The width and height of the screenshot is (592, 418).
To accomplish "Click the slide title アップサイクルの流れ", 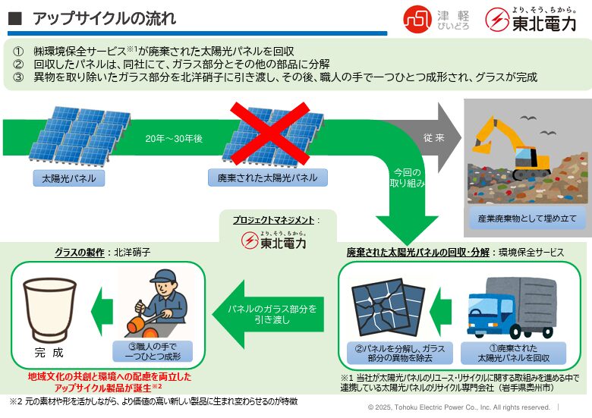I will click(105, 18).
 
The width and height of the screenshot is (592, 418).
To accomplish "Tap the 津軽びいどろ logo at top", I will click(435, 19).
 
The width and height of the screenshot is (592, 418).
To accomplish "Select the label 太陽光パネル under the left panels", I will click(69, 179).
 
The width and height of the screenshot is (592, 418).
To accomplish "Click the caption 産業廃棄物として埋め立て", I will click(527, 218).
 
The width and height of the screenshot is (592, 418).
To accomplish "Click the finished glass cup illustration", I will click(50, 310).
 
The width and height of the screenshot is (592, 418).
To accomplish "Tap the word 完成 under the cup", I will click(49, 353).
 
